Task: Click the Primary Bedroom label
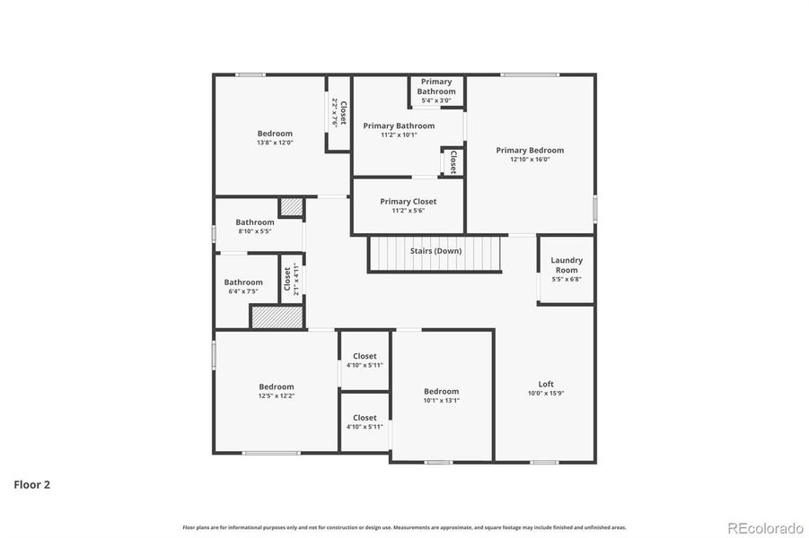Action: click(530, 151)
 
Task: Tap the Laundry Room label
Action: click(567, 265)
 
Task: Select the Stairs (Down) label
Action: click(435, 251)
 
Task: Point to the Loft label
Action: click(545, 384)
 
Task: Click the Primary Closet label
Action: click(408, 202)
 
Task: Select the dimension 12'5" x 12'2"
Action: click(277, 395)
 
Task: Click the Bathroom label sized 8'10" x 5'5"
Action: click(255, 222)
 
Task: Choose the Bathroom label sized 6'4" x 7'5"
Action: click(243, 282)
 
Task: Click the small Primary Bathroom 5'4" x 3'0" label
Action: click(436, 87)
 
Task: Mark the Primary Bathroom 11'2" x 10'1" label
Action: click(399, 126)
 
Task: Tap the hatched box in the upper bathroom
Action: click(291, 207)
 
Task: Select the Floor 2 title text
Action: click(31, 485)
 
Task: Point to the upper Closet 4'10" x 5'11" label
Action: click(365, 356)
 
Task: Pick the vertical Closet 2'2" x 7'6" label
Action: click(339, 112)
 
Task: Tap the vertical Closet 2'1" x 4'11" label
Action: click(291, 280)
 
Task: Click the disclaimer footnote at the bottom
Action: click(404, 527)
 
